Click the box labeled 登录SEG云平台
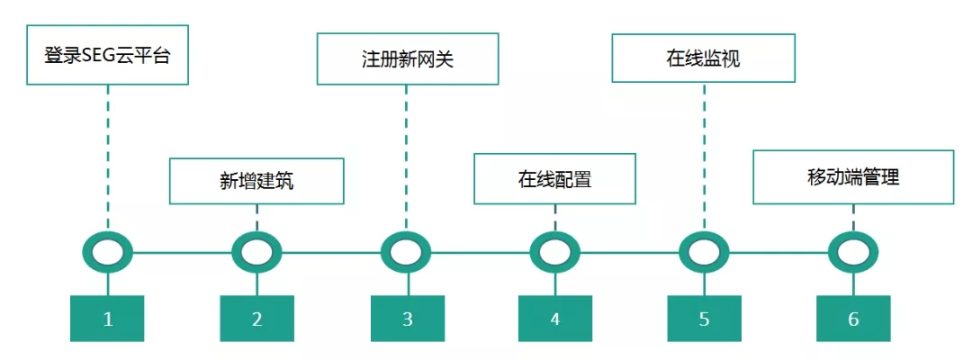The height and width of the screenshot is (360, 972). click(x=107, y=55)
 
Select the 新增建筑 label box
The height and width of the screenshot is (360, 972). click(x=256, y=180)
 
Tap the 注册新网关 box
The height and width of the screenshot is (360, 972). click(x=408, y=59)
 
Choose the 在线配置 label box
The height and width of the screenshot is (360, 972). click(x=554, y=178)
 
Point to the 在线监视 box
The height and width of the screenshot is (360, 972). click(x=703, y=59)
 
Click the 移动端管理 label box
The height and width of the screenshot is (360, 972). click(x=852, y=176)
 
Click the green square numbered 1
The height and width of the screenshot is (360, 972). click(x=108, y=318)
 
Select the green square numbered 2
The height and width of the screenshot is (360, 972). click(x=256, y=318)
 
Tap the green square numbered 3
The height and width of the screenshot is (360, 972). click(x=408, y=318)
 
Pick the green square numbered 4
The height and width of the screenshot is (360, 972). click(x=554, y=318)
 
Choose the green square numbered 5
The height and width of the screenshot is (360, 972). click(x=704, y=318)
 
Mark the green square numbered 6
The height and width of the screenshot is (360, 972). click(x=852, y=318)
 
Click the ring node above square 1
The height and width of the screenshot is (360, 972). click(x=108, y=253)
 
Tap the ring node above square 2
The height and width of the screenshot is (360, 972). click(x=256, y=253)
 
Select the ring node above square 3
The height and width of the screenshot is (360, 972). click(x=406, y=253)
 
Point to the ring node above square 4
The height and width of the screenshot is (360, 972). click(x=554, y=253)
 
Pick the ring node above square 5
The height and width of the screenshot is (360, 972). click(x=704, y=253)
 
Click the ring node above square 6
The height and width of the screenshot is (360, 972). click(x=852, y=253)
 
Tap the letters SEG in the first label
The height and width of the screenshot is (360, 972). click(x=98, y=56)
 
